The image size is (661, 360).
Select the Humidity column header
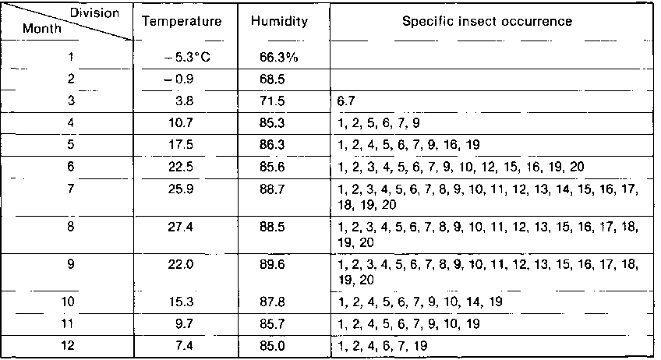click(x=279, y=22)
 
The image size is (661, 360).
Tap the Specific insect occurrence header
click(x=487, y=22)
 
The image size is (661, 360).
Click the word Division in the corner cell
click(x=94, y=13)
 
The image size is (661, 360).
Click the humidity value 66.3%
click(x=277, y=57)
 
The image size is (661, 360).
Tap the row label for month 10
click(x=68, y=300)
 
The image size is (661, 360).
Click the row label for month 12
click(x=68, y=344)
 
